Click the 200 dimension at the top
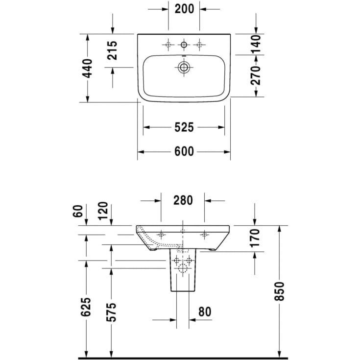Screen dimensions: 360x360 coord(184,8)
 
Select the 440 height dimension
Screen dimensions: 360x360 coord(87,69)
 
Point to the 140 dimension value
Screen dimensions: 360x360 coord(255,45)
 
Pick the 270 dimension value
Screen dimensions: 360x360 coord(255,75)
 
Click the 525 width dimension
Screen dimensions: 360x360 coord(184,127)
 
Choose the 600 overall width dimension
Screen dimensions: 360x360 coord(184,152)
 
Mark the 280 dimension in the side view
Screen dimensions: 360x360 coord(183,200)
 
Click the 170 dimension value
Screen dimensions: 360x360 coord(255,238)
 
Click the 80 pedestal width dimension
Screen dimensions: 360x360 coord(204,311)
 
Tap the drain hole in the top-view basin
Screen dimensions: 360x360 coord(184,68)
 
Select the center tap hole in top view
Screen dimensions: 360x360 coord(184,45)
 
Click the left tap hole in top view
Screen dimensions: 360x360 coord(168,45)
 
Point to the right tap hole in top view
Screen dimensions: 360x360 coord(199,45)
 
